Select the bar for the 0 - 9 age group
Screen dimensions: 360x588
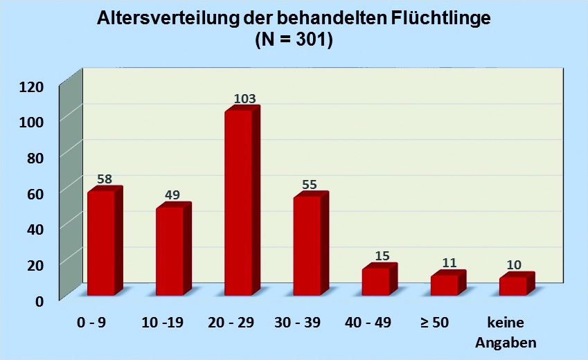click(101, 242)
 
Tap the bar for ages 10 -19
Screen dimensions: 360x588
click(170, 251)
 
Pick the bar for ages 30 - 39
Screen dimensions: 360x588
click(307, 245)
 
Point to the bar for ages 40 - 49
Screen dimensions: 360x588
click(375, 281)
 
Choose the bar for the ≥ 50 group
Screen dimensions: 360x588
click(444, 285)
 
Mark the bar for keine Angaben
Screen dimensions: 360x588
click(513, 285)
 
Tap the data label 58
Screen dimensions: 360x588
click(105, 179)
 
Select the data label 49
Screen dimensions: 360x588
click(173, 195)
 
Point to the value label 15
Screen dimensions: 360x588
click(382, 255)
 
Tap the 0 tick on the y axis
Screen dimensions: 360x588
click(39, 300)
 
